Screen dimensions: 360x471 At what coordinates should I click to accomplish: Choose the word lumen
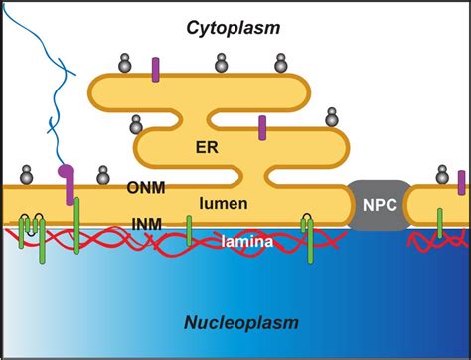coord(224,203)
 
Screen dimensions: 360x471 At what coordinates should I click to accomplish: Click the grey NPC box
coord(377,204)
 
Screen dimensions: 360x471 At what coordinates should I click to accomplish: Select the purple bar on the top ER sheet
coord(155,70)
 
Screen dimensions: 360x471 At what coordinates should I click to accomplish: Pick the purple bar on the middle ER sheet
coord(262,127)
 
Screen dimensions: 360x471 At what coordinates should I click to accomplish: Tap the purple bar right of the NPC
coord(462,182)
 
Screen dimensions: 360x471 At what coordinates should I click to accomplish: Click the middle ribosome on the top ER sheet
coord(222,64)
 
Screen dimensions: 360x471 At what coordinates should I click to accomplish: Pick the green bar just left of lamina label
coord(189,229)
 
